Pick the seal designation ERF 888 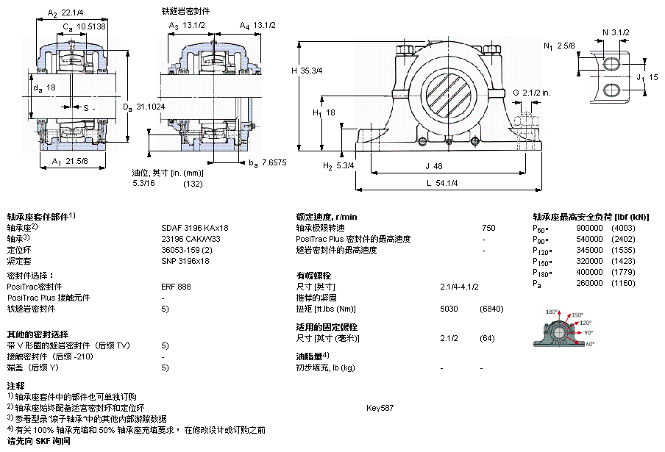pyautogui.click(x=176, y=287)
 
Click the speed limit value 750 pyautogui.click(x=488, y=228)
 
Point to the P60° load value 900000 pyautogui.click(x=590, y=228)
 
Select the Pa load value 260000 pyautogui.click(x=590, y=283)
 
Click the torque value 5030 pyautogui.click(x=449, y=309)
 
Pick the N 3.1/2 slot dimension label pyautogui.click(x=616, y=32)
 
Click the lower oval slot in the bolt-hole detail pyautogui.click(x=612, y=90)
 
